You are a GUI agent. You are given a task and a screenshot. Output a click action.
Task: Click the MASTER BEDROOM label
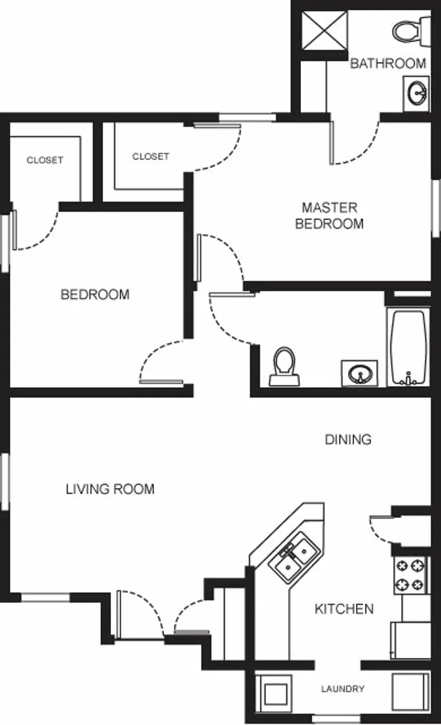tap(329, 216)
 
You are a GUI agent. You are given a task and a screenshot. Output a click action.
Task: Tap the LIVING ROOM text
tap(110, 489)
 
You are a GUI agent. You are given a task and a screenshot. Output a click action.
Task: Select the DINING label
tap(348, 439)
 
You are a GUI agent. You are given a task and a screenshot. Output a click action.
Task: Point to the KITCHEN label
tap(344, 608)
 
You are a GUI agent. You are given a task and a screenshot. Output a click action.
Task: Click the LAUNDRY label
tap(342, 689)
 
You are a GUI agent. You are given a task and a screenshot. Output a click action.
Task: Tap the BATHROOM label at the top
tap(388, 63)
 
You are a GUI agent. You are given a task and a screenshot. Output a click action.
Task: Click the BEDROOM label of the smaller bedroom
tap(95, 295)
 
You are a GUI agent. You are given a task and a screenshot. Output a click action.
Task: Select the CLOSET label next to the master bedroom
tap(151, 156)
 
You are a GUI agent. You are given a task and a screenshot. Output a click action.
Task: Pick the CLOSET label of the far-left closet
tap(45, 160)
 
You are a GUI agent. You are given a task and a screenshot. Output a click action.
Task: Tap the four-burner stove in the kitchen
tap(410, 575)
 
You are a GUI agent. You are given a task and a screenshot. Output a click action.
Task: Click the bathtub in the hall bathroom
tap(408, 347)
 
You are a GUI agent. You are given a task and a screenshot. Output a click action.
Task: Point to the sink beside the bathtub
tap(360, 373)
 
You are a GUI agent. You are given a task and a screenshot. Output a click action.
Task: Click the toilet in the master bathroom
tap(410, 29)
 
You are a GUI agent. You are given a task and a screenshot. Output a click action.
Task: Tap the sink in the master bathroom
tap(416, 93)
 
